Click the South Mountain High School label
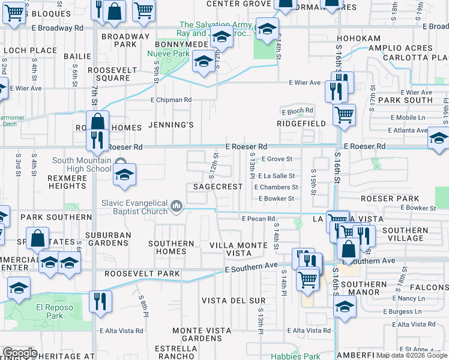click(x=82, y=164)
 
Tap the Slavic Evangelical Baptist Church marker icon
click(x=176, y=206)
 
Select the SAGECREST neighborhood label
click(x=218, y=187)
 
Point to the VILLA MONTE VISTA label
click(x=238, y=250)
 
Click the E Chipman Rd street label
click(x=171, y=100)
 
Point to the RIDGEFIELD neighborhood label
click(x=301, y=124)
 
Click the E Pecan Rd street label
click(x=258, y=219)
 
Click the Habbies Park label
click(x=295, y=356)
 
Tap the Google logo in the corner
click(x=19, y=353)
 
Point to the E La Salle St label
click(x=276, y=176)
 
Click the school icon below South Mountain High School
click(x=124, y=175)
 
